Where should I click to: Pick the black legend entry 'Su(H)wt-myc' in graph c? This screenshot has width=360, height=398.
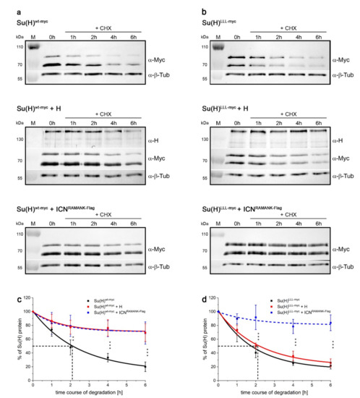(139, 299)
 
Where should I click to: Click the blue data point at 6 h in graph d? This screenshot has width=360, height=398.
(331, 323)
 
